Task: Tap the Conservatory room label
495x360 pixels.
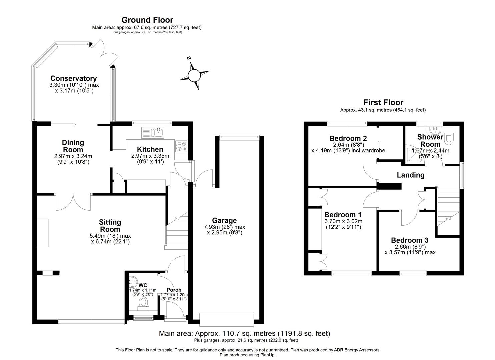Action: pyautogui.click(x=73, y=79)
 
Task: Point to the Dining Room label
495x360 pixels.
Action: pyautogui.click(x=73, y=146)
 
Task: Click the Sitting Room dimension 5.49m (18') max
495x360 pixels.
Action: pyautogui.click(x=110, y=236)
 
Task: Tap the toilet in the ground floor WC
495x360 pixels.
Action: pyautogui.click(x=144, y=302)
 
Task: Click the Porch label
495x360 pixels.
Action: pyautogui.click(x=174, y=290)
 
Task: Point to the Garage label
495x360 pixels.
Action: pyautogui.click(x=224, y=220)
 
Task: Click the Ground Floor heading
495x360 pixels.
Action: pyautogui.click(x=147, y=20)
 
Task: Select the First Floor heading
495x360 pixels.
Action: pyautogui.click(x=383, y=102)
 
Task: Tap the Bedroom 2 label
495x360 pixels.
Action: pyautogui.click(x=348, y=138)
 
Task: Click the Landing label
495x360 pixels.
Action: pyautogui.click(x=410, y=175)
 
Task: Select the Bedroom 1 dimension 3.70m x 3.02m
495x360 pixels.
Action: pyautogui.click(x=343, y=221)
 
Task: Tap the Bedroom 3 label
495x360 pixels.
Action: pyautogui.click(x=410, y=240)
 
